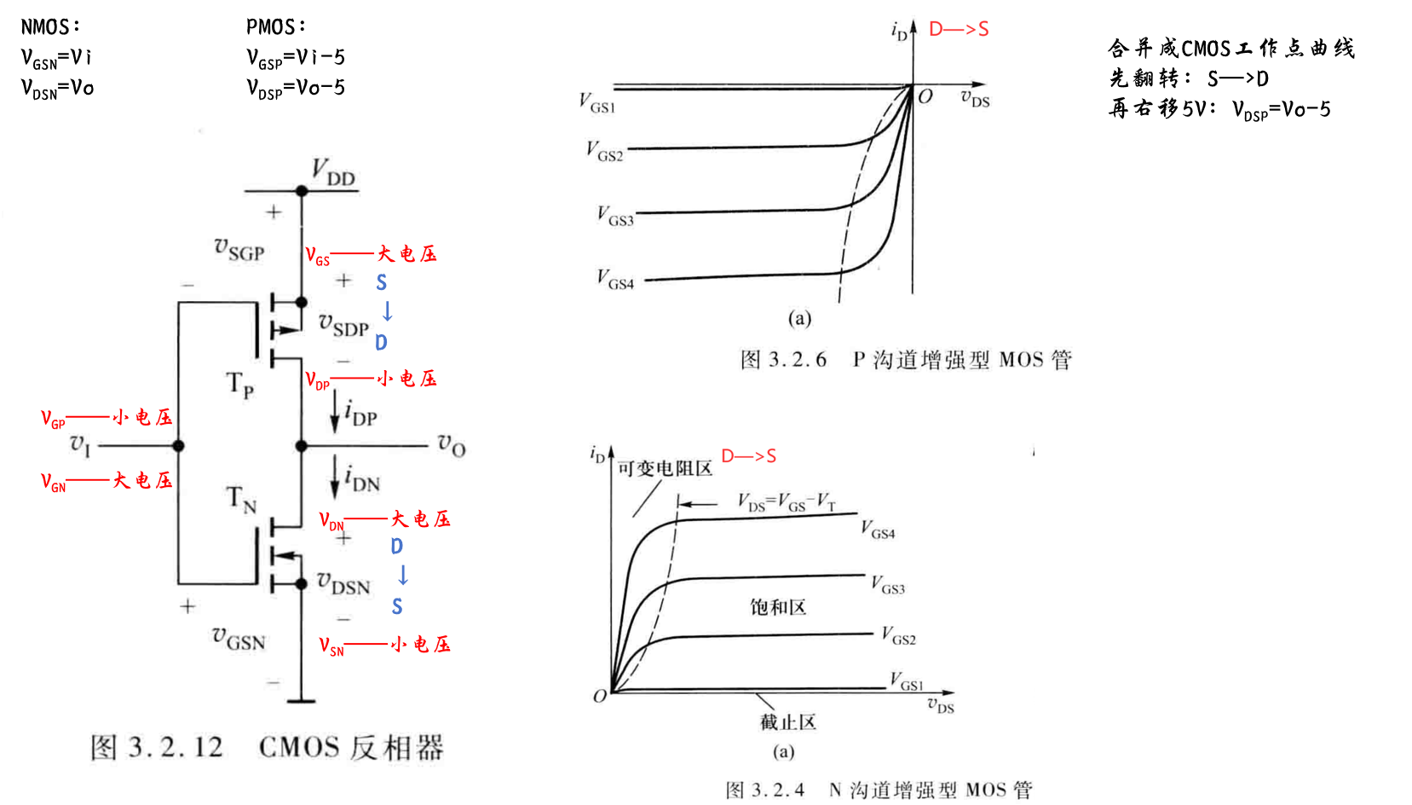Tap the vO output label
452,444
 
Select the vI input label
80,444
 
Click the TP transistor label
239,385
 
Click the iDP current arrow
335,411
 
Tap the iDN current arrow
335,477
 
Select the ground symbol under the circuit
301,701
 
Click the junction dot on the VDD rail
302,191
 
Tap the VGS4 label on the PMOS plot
615,279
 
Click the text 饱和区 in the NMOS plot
778,607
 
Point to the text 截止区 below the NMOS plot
788,722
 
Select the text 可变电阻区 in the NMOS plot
665,468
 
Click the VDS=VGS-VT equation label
786,502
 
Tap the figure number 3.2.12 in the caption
176,748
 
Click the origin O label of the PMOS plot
925,96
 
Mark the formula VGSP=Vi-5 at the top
296,58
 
